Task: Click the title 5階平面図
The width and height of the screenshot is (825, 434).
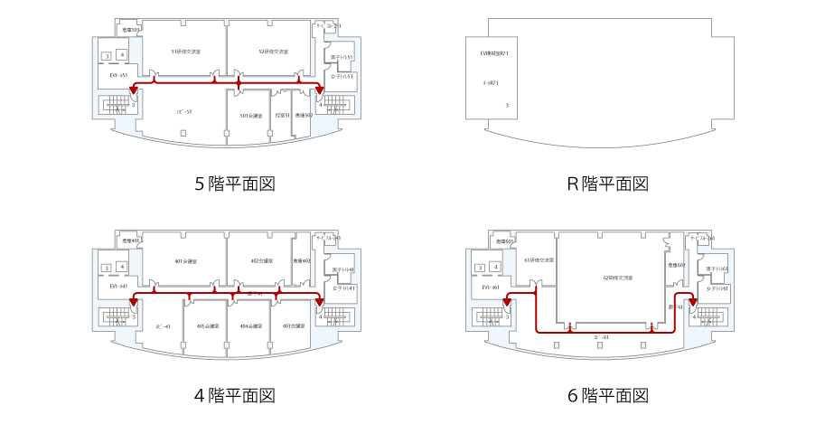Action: (235, 184)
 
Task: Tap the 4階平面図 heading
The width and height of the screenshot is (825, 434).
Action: (235, 395)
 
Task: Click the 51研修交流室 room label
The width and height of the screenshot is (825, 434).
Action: (185, 52)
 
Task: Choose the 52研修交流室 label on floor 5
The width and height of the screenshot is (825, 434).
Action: (273, 52)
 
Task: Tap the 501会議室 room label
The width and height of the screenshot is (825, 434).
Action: (251, 116)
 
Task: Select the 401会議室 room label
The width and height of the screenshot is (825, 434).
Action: (185, 261)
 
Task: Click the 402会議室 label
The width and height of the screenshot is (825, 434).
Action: (262, 261)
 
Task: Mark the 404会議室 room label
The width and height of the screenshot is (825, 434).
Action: (251, 325)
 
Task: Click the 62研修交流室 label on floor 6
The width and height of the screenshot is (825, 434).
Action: (617, 277)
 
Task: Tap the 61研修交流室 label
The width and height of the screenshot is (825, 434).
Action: (539, 260)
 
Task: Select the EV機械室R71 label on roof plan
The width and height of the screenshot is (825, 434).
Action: (494, 53)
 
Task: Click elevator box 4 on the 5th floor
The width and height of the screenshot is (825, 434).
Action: (121, 56)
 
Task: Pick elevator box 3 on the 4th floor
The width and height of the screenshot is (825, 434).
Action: (107, 268)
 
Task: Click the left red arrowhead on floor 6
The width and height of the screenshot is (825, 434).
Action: (507, 304)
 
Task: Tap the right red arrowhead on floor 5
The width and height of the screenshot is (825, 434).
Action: (320, 90)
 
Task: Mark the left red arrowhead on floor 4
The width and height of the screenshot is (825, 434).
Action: (133, 301)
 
